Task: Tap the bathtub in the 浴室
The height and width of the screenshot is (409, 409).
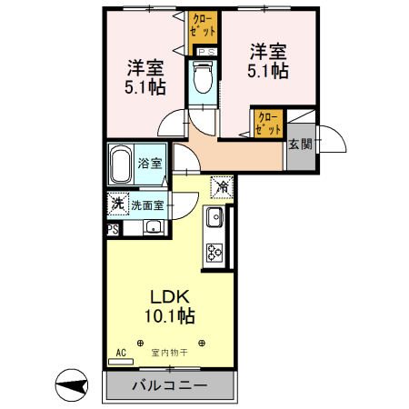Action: click(x=121, y=165)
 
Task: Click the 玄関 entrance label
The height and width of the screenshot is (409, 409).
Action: click(x=301, y=144)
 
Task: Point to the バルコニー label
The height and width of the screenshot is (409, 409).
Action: click(x=170, y=385)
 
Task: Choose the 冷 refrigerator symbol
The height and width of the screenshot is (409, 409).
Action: click(x=222, y=186)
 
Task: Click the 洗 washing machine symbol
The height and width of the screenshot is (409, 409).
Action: click(x=117, y=204)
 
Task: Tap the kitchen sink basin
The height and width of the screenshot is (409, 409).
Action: click(x=215, y=219)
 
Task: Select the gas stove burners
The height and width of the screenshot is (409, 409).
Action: click(x=215, y=252)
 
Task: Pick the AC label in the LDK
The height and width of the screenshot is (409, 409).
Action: click(x=120, y=352)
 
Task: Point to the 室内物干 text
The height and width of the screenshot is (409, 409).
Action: click(x=169, y=352)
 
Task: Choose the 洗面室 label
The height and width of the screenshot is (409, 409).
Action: click(x=147, y=205)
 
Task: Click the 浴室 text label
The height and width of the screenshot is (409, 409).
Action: click(x=151, y=165)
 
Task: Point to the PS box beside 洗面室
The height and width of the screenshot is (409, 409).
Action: click(x=113, y=230)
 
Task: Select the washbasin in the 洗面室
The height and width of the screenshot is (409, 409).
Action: click(x=154, y=227)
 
